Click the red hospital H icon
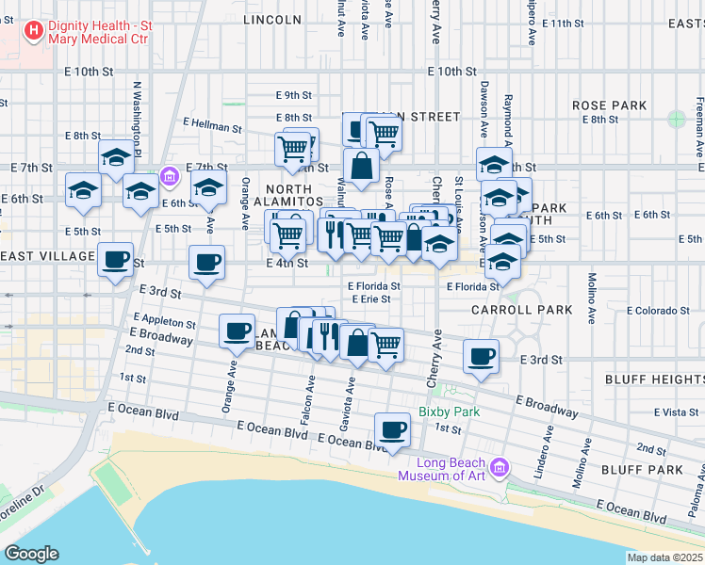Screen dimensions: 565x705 35,32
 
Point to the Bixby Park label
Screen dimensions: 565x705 450,412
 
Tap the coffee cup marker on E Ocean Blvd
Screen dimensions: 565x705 392,429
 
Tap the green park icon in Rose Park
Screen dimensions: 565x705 676,119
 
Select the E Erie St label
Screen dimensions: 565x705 371,299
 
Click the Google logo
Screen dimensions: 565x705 30,554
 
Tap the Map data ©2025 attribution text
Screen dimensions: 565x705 664,557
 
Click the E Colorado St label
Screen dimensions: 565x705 660,311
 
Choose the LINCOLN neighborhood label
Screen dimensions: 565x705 272,19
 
